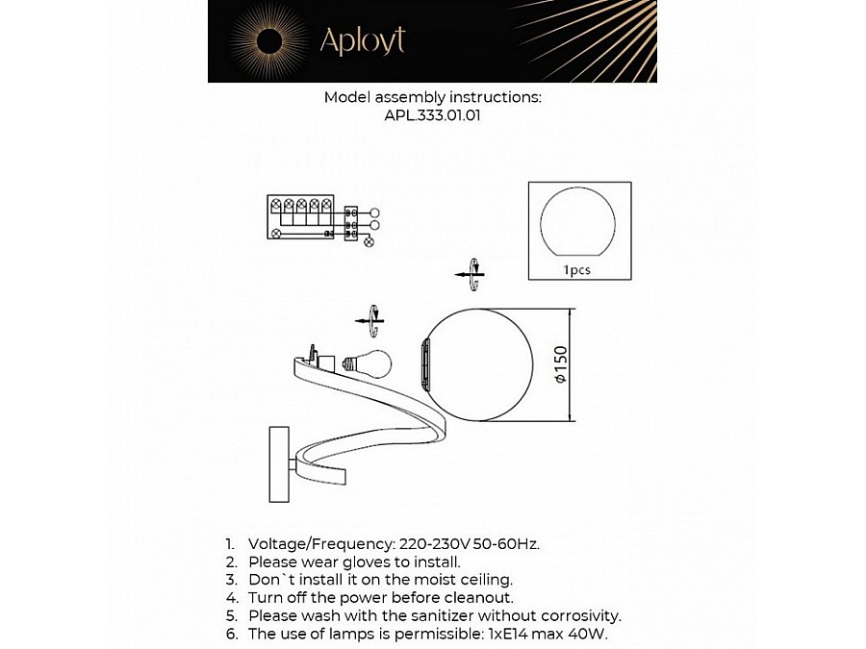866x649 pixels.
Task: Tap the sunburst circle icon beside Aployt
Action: tap(268, 40)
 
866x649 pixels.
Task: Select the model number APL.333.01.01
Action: tap(432, 115)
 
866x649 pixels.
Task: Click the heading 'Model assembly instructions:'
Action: tap(432, 97)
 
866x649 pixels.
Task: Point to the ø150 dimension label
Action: tap(561, 365)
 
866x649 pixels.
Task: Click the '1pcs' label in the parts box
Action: tap(577, 270)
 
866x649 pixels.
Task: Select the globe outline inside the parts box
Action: tap(577, 224)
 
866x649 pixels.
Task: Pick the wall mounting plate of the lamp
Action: tap(276, 464)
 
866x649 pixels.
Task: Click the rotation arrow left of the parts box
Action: tap(470, 273)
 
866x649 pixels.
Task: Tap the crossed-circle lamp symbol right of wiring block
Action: tap(369, 241)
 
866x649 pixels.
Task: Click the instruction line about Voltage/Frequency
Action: tap(394, 543)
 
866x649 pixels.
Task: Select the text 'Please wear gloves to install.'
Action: tap(354, 561)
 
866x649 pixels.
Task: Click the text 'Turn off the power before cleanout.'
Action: tap(374, 597)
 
